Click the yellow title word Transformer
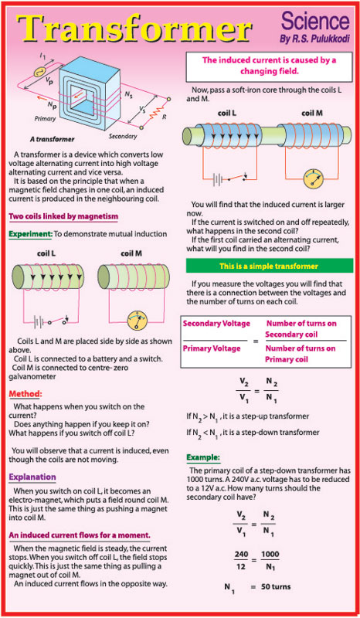coord(134,29)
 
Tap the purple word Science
coord(315,22)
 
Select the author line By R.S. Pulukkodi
coord(314,39)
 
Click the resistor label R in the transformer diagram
coord(164,117)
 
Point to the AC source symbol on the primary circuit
coord(39,72)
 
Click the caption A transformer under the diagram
coord(52,139)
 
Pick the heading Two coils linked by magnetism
coord(63,216)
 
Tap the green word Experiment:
coord(30,234)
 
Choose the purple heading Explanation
coord(32,477)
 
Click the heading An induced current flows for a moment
coord(80,535)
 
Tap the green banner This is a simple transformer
coord(269,266)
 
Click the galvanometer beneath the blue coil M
coord(314,178)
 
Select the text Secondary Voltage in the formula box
coord(216,324)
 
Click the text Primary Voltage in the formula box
coord(212,348)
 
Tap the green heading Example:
coord(203,457)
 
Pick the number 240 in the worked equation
coord(242,555)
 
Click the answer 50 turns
coord(276,586)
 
